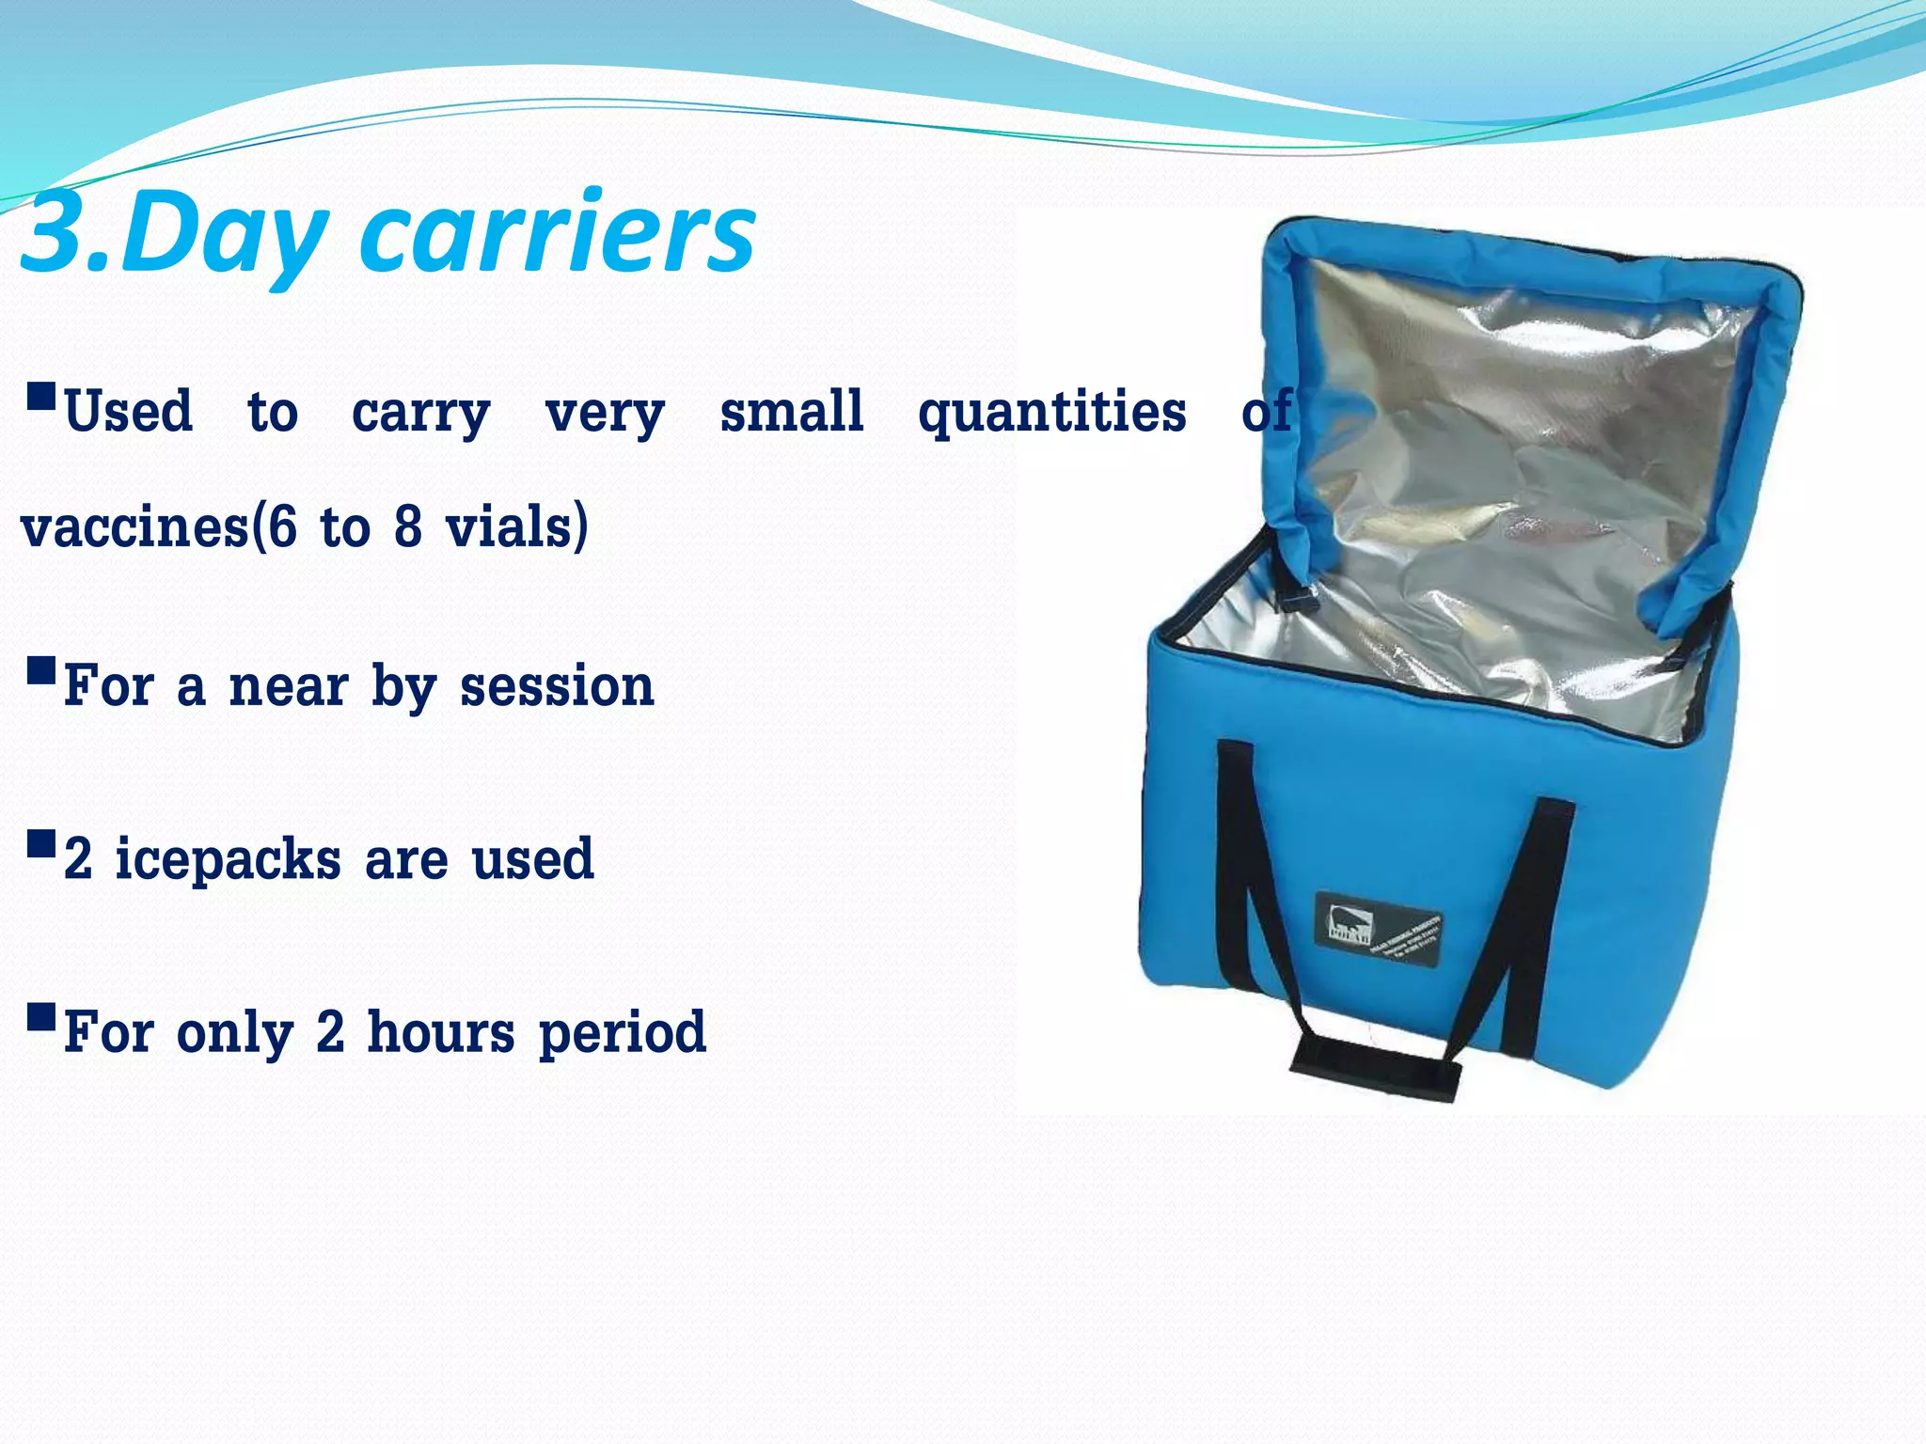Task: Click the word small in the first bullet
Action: point(791,412)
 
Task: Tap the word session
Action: point(557,686)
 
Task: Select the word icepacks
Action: point(228,860)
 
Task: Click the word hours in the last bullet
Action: point(441,1032)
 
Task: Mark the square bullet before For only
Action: point(41,1017)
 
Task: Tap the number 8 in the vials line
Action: point(407,526)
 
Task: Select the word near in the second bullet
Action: point(288,686)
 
